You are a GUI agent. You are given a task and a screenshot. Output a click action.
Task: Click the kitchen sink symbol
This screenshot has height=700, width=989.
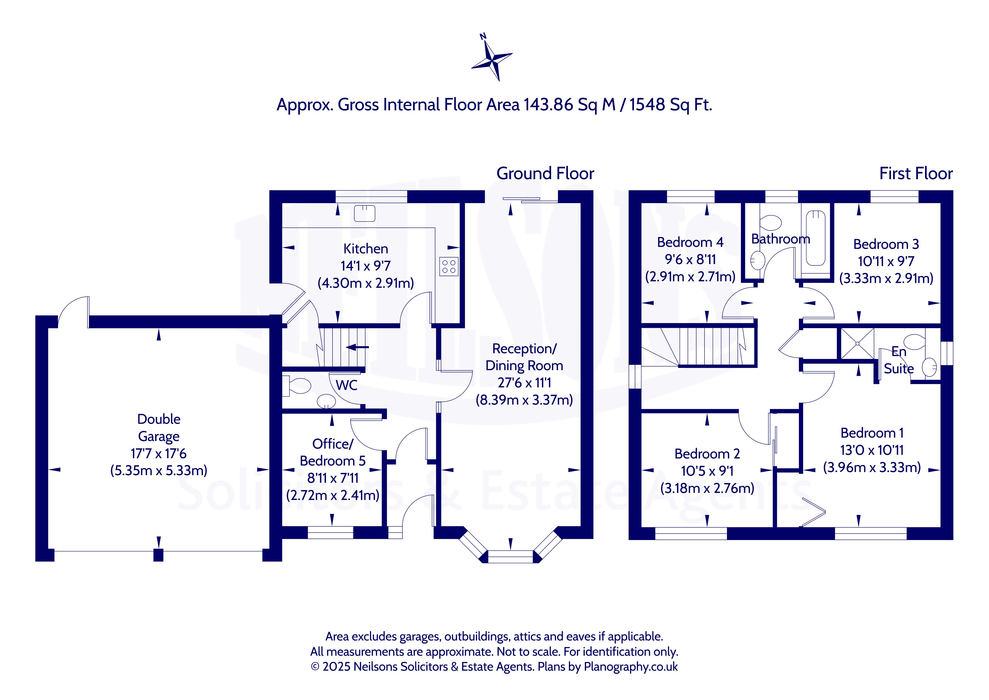click(364, 213)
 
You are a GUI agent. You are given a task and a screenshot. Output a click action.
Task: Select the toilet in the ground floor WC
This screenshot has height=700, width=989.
click(297, 386)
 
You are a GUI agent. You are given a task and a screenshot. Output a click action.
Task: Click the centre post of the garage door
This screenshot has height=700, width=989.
click(158, 555)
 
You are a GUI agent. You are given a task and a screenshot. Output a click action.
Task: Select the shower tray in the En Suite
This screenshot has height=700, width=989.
click(857, 344)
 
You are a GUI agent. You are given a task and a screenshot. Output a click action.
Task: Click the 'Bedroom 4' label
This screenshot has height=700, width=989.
click(690, 242)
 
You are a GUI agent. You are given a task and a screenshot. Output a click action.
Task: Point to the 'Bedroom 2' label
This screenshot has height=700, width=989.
click(707, 454)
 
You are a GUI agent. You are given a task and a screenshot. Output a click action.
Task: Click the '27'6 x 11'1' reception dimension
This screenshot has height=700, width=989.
click(524, 383)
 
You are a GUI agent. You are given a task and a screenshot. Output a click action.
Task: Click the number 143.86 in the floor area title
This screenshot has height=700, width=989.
click(548, 105)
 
